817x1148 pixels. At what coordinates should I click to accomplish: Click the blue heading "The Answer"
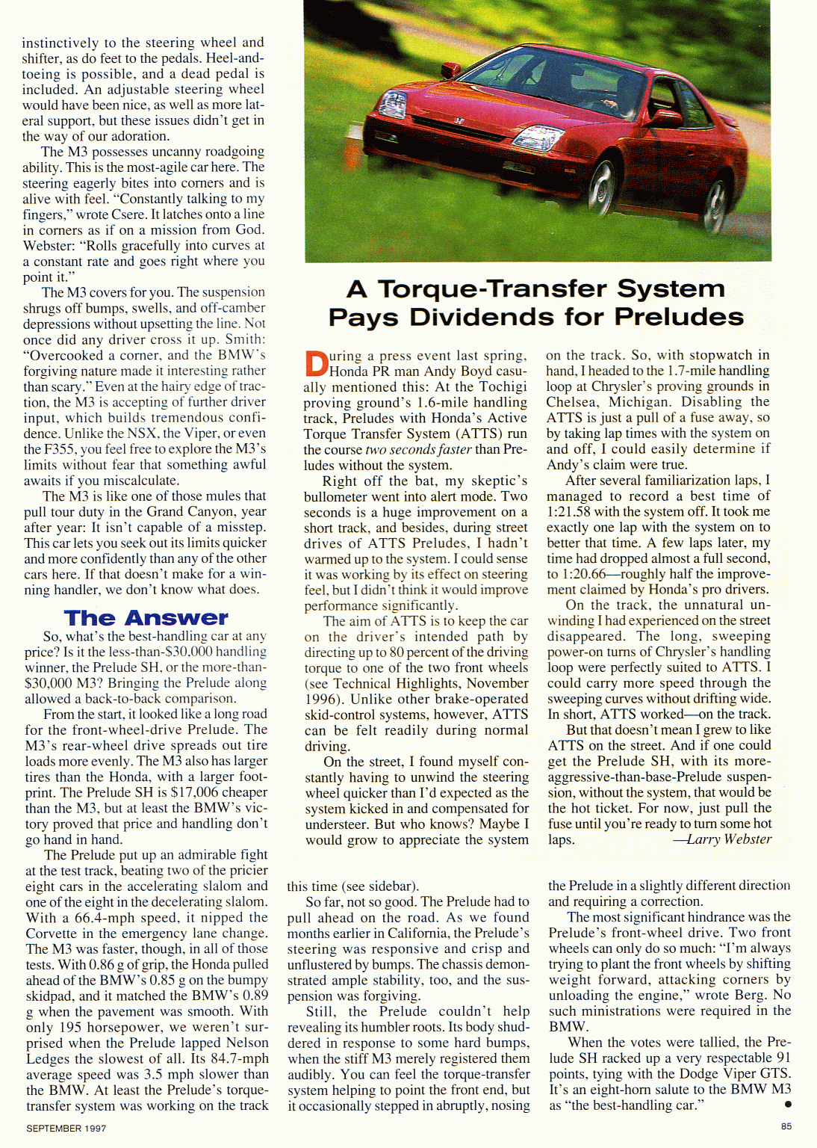[146, 618]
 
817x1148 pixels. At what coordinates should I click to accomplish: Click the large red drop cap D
[316, 363]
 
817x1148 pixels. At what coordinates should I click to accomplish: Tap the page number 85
[786, 1126]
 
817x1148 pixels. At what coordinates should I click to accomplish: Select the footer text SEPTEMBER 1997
[66, 1128]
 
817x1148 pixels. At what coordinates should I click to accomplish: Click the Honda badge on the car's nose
[459, 120]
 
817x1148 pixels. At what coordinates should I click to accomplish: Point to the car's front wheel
[601, 183]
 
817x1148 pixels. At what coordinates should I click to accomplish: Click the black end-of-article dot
[788, 1104]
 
